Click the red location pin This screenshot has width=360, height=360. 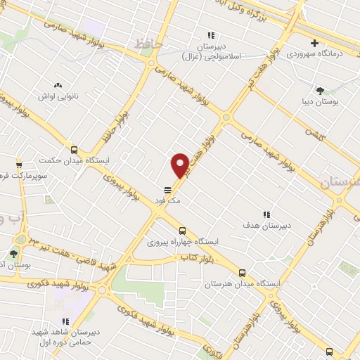coord(180,165)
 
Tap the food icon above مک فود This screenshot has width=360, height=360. coord(168,190)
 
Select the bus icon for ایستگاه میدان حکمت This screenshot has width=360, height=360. coord(74,150)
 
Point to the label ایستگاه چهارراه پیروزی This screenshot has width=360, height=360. coord(182,241)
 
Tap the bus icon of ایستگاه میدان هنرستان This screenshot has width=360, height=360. coord(243,273)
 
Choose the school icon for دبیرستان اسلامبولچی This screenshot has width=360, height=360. coord(210,35)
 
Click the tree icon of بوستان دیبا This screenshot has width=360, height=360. coord(321,90)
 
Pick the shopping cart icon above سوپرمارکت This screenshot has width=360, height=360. coord(19,164)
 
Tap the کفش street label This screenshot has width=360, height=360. coord(313,131)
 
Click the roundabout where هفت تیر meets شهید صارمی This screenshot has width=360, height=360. coord(226,117)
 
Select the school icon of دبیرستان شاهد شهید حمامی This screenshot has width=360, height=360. coord(66,321)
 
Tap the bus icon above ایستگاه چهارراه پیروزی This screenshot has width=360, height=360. coord(182,230)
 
